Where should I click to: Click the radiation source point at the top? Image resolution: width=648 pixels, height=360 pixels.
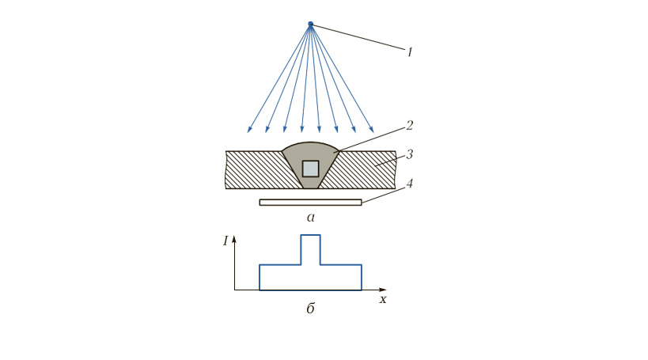tap(311, 24)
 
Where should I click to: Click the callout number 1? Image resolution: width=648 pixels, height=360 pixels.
tap(410, 52)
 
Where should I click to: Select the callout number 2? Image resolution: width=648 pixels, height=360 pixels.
tap(409, 125)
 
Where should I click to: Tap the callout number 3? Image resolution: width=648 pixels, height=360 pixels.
tap(409, 154)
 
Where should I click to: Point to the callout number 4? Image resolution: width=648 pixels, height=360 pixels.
tap(409, 183)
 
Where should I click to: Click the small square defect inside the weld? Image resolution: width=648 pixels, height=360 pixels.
tap(310, 169)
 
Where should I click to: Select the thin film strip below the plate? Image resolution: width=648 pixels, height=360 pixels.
tap(310, 202)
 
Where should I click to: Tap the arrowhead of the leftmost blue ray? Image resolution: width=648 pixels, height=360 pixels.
tap(248, 131)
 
